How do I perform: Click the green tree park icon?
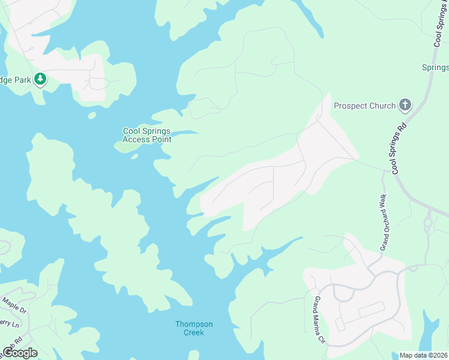[40, 79]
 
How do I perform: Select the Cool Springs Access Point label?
[146, 136]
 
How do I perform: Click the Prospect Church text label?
[364, 106]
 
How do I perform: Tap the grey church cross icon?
[405, 106]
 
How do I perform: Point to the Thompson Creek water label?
[194, 328]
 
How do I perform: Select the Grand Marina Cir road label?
[318, 320]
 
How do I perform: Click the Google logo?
[19, 352]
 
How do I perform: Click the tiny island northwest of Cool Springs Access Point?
[92, 115]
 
